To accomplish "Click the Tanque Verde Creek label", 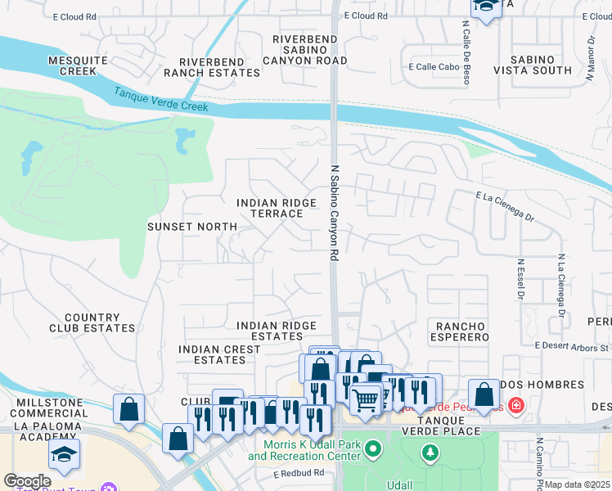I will pyautogui.click(x=161, y=101).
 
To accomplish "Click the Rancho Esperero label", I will pyautogui.click(x=456, y=331).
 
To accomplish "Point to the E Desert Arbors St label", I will pyautogui.click(x=572, y=347).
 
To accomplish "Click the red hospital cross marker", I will pyautogui.click(x=515, y=405).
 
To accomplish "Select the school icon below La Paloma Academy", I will pyautogui.click(x=65, y=454).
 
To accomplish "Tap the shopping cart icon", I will pyautogui.click(x=365, y=399).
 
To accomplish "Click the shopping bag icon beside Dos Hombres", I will pyautogui.click(x=484, y=394).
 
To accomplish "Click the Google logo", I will pyautogui.click(x=27, y=481).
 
